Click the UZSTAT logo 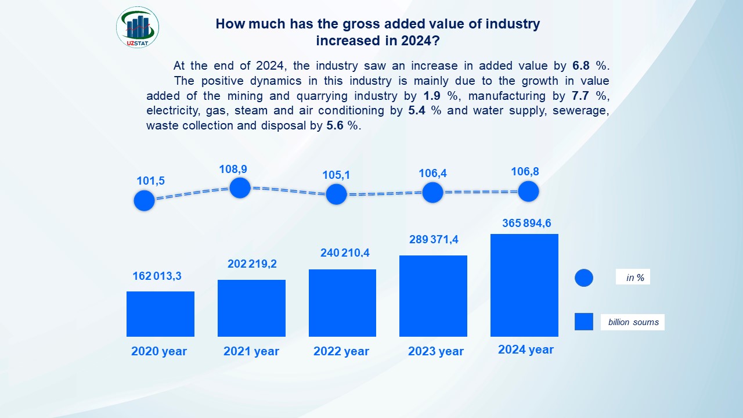(x=138, y=27)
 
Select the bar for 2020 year (x=160, y=314)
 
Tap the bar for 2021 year (x=251, y=308)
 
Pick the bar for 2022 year (x=342, y=303)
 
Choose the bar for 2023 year (x=433, y=296)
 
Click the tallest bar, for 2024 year (x=524, y=285)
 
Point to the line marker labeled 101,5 (x=144, y=200)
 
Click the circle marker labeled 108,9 (x=240, y=188)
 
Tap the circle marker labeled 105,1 (x=336, y=194)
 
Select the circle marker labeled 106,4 (x=432, y=192)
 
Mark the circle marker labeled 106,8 (x=528, y=191)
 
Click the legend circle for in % (x=584, y=278)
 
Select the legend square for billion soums (x=584, y=322)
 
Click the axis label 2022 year (x=341, y=351)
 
